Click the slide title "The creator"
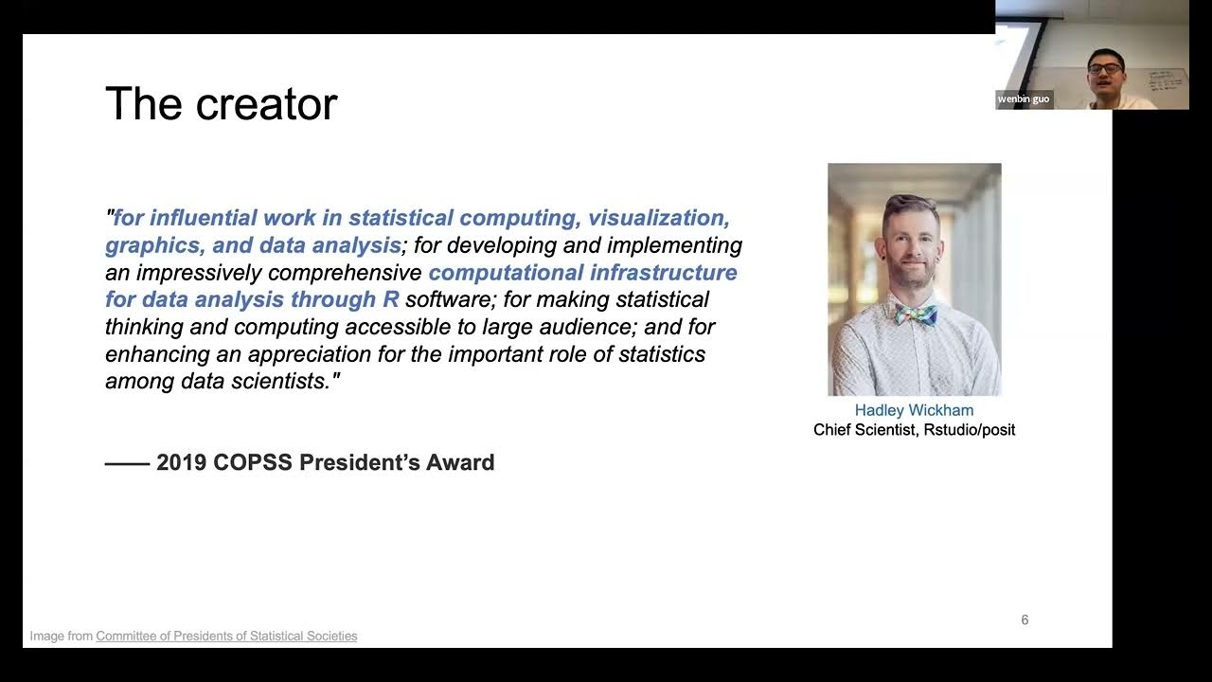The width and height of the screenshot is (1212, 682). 221,104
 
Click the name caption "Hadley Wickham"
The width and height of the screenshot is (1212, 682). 914,410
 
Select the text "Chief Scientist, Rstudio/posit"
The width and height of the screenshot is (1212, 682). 914,430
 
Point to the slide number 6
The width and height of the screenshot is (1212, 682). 1025,620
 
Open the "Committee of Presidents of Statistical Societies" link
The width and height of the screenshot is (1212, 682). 226,637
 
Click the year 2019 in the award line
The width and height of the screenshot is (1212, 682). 182,463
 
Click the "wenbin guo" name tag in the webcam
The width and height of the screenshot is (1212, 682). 1024,99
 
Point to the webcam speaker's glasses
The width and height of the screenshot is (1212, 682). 1105,68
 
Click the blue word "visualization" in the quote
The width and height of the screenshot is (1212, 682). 658,219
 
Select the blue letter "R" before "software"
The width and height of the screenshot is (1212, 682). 390,300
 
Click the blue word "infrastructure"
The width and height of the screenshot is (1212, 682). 663,273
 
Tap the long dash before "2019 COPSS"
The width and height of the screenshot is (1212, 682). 127,463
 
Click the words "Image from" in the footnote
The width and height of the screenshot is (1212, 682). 61,637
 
